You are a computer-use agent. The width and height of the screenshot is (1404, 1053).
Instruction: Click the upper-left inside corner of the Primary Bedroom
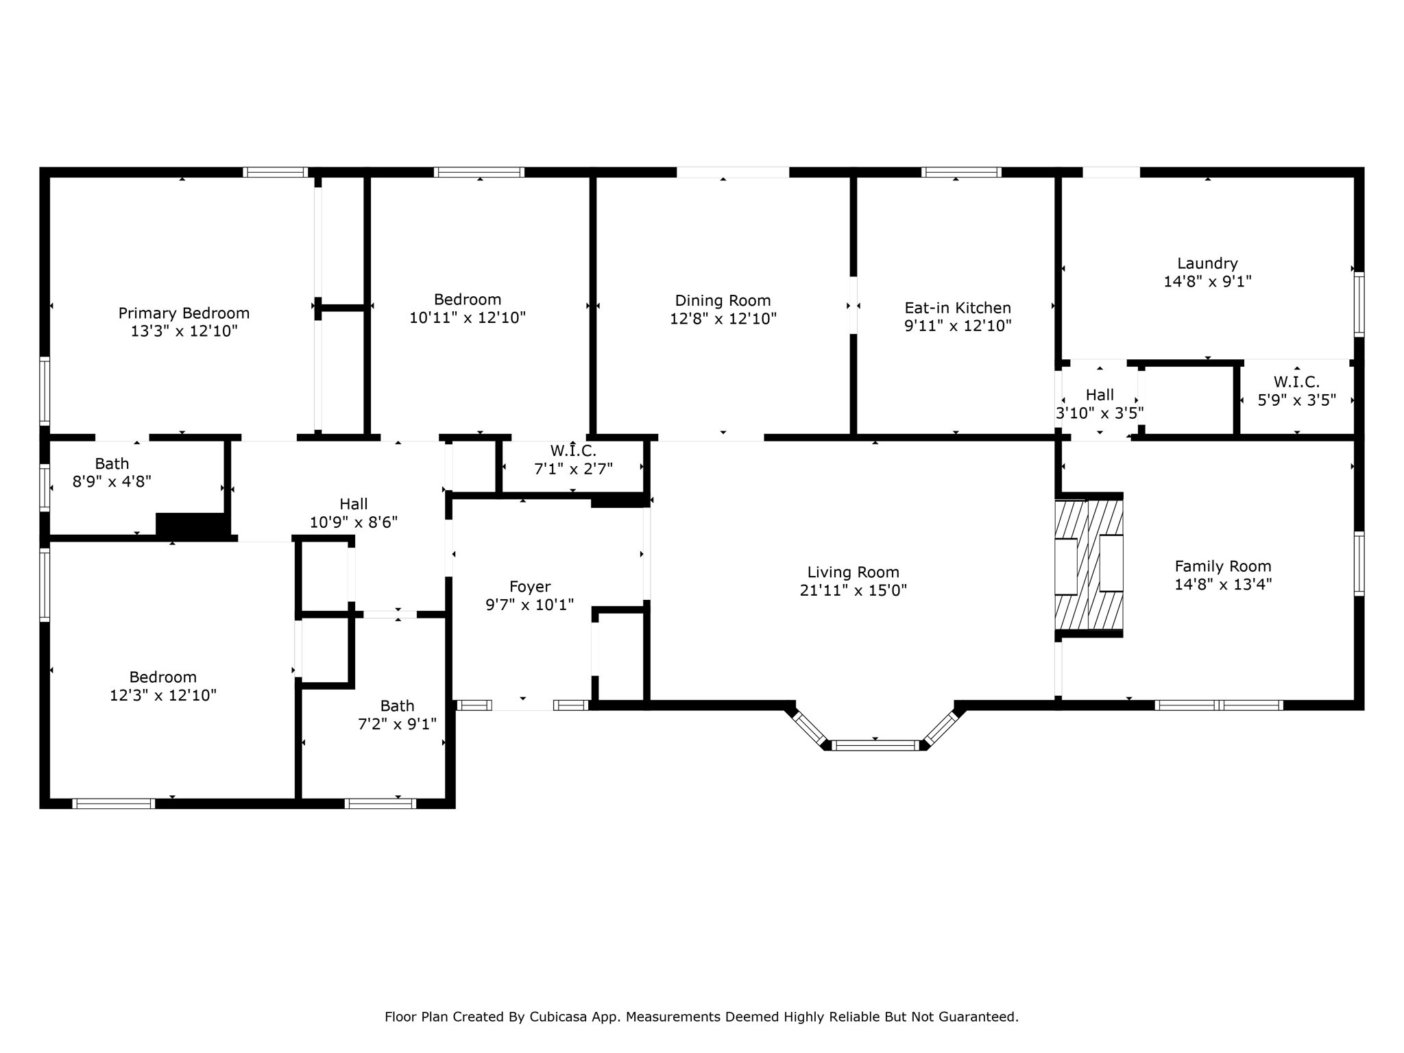(50, 178)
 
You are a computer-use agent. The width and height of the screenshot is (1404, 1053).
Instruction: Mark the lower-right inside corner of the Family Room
(1354, 701)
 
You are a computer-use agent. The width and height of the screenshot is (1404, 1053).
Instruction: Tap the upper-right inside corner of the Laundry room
(1354, 178)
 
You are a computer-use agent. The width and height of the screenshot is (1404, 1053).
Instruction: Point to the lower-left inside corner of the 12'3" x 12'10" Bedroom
(50, 799)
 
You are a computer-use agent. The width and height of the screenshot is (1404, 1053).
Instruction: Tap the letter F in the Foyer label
(513, 587)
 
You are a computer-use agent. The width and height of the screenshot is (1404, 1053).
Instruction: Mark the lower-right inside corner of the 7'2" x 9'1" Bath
(446, 799)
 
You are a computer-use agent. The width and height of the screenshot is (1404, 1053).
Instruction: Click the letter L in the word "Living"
(811, 572)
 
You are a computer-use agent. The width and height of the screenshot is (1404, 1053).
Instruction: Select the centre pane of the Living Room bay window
(875, 745)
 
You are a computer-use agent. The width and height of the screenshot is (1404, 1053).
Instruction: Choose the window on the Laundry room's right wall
(1359, 304)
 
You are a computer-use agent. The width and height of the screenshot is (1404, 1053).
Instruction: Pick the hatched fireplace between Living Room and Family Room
(1089, 565)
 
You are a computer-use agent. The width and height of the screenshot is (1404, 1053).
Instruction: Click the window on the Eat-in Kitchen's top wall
(961, 172)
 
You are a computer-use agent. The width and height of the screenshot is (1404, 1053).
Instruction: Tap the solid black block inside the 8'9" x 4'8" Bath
(191, 524)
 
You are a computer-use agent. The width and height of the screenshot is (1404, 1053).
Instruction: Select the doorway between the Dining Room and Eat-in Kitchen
(854, 305)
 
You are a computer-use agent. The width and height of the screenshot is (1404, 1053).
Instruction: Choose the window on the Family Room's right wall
(1359, 564)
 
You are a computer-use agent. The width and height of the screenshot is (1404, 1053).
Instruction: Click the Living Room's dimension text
(853, 590)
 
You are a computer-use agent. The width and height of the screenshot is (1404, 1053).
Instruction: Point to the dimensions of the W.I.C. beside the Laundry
(1296, 400)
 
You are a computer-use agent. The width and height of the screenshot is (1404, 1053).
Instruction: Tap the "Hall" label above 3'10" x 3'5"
(1100, 395)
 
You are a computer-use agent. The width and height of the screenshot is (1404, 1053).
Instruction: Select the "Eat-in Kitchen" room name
(958, 308)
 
